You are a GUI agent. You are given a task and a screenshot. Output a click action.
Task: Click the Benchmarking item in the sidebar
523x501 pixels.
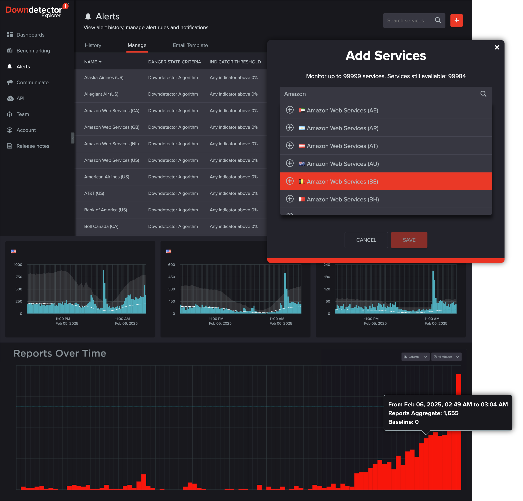point(33,51)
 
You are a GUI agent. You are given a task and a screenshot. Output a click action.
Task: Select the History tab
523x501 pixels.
point(93,45)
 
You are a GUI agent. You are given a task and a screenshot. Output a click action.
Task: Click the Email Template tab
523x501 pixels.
point(190,45)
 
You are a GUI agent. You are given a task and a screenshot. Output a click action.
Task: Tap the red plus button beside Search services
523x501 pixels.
point(456,20)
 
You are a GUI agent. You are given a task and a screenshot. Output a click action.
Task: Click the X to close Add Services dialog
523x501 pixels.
point(497,47)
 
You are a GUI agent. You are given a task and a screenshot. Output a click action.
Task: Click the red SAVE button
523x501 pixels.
point(409,240)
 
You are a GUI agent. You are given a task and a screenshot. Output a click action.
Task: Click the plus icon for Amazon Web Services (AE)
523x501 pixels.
point(289,110)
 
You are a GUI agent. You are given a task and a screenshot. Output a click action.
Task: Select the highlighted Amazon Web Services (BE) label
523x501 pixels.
point(342,182)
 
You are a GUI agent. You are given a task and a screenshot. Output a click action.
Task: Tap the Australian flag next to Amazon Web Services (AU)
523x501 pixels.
point(301,164)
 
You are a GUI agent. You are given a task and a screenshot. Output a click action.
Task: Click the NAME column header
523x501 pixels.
point(93,62)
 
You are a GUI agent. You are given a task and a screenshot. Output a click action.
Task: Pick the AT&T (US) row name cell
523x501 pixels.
point(94,193)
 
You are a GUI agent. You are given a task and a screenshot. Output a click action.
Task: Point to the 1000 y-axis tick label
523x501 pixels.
point(18,265)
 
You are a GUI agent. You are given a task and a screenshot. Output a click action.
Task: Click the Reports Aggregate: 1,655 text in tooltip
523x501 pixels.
point(423,413)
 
